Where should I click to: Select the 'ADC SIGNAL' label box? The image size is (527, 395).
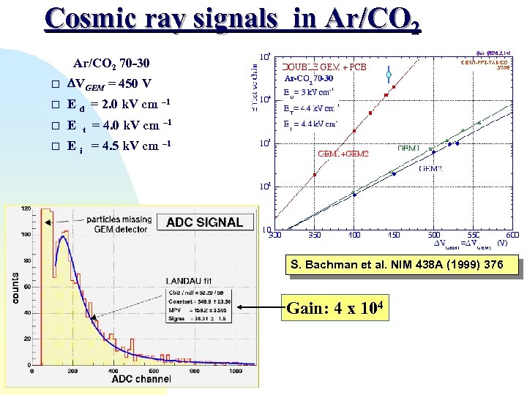[x=205, y=222]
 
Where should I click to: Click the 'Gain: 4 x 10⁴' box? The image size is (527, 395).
[x=337, y=309]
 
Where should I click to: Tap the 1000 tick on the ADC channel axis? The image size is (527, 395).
[x=236, y=371]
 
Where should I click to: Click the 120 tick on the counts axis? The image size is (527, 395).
[x=26, y=210]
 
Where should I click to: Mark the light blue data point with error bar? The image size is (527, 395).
[x=389, y=75]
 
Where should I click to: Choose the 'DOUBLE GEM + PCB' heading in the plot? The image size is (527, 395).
[x=325, y=67]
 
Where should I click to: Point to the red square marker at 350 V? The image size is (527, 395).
[x=315, y=175]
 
